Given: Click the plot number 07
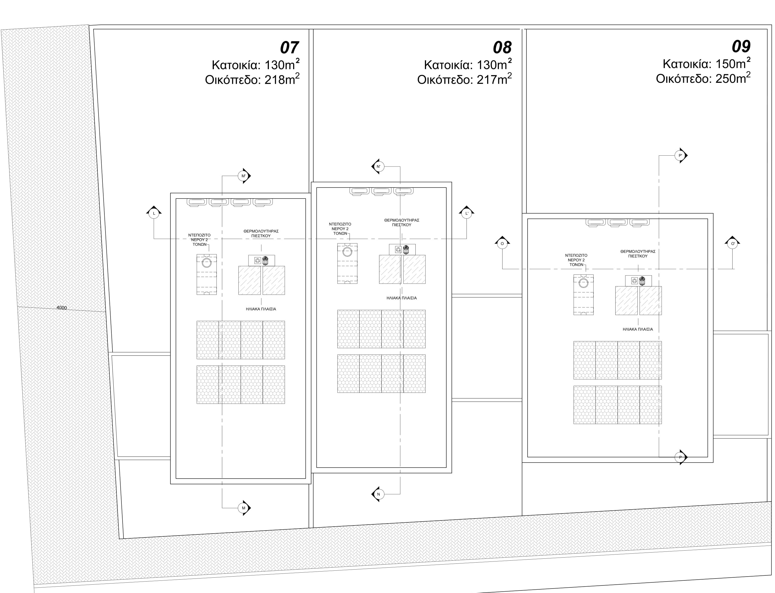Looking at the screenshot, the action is click(x=289, y=48).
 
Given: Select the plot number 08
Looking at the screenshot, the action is click(x=502, y=48).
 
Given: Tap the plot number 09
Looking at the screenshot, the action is click(x=741, y=47).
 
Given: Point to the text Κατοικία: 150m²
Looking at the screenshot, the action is click(x=707, y=64).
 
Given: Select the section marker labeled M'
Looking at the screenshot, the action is click(x=244, y=176).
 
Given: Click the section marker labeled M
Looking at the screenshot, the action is click(x=244, y=508).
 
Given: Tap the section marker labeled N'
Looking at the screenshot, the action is click(x=378, y=166).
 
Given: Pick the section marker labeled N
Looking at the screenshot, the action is click(x=378, y=494).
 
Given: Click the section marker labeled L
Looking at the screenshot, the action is click(x=154, y=213).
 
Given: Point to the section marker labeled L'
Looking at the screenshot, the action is click(x=467, y=213).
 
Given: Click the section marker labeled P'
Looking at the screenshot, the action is click(x=681, y=156).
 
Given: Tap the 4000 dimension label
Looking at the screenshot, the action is click(x=61, y=308).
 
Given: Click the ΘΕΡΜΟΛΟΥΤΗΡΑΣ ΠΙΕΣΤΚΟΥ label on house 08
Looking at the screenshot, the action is click(x=402, y=222).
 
